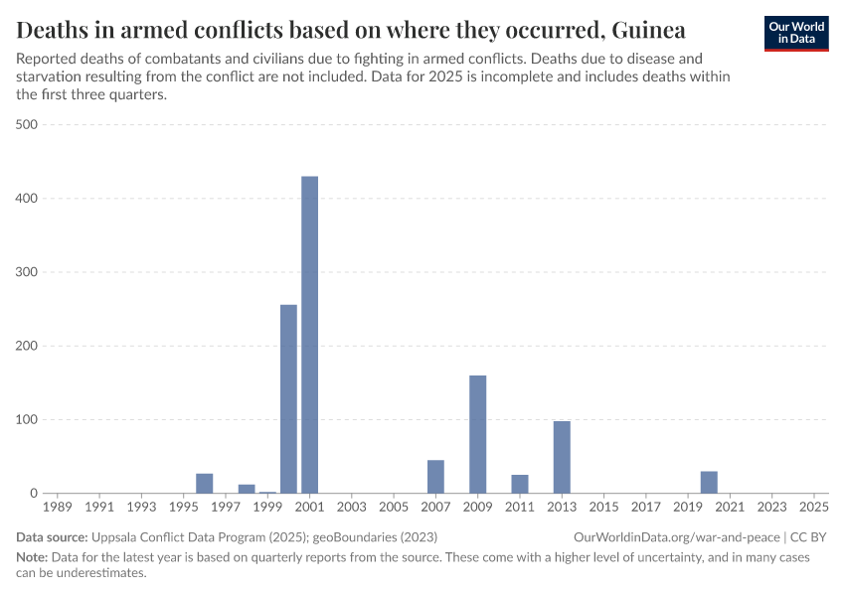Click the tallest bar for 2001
[309, 335]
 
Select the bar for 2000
[288, 398]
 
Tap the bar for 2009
[477, 434]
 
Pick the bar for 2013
[562, 457]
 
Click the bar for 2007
[435, 477]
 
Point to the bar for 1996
[205, 484]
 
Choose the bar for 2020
[709, 482]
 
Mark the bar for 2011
[520, 484]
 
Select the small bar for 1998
[247, 489]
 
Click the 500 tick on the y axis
[27, 124]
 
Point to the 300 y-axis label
[27, 272]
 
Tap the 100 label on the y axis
[27, 419]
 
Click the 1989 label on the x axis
[58, 507]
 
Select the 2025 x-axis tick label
[814, 507]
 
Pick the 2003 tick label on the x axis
[352, 507]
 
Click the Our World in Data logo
[796, 32]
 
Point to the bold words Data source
[51, 537]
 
